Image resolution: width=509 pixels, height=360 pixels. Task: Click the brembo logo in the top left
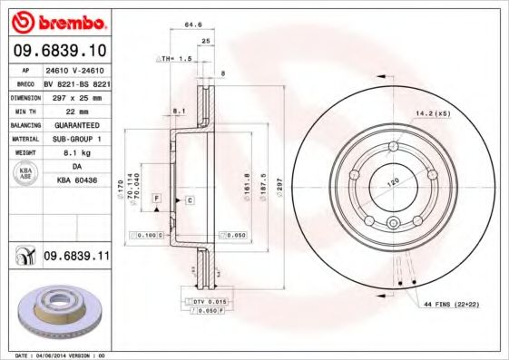pyautogui.click(x=56, y=20)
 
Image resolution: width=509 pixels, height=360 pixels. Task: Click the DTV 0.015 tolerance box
pyautogui.click(x=210, y=299)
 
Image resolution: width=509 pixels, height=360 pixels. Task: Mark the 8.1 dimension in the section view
pyautogui.click(x=179, y=112)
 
